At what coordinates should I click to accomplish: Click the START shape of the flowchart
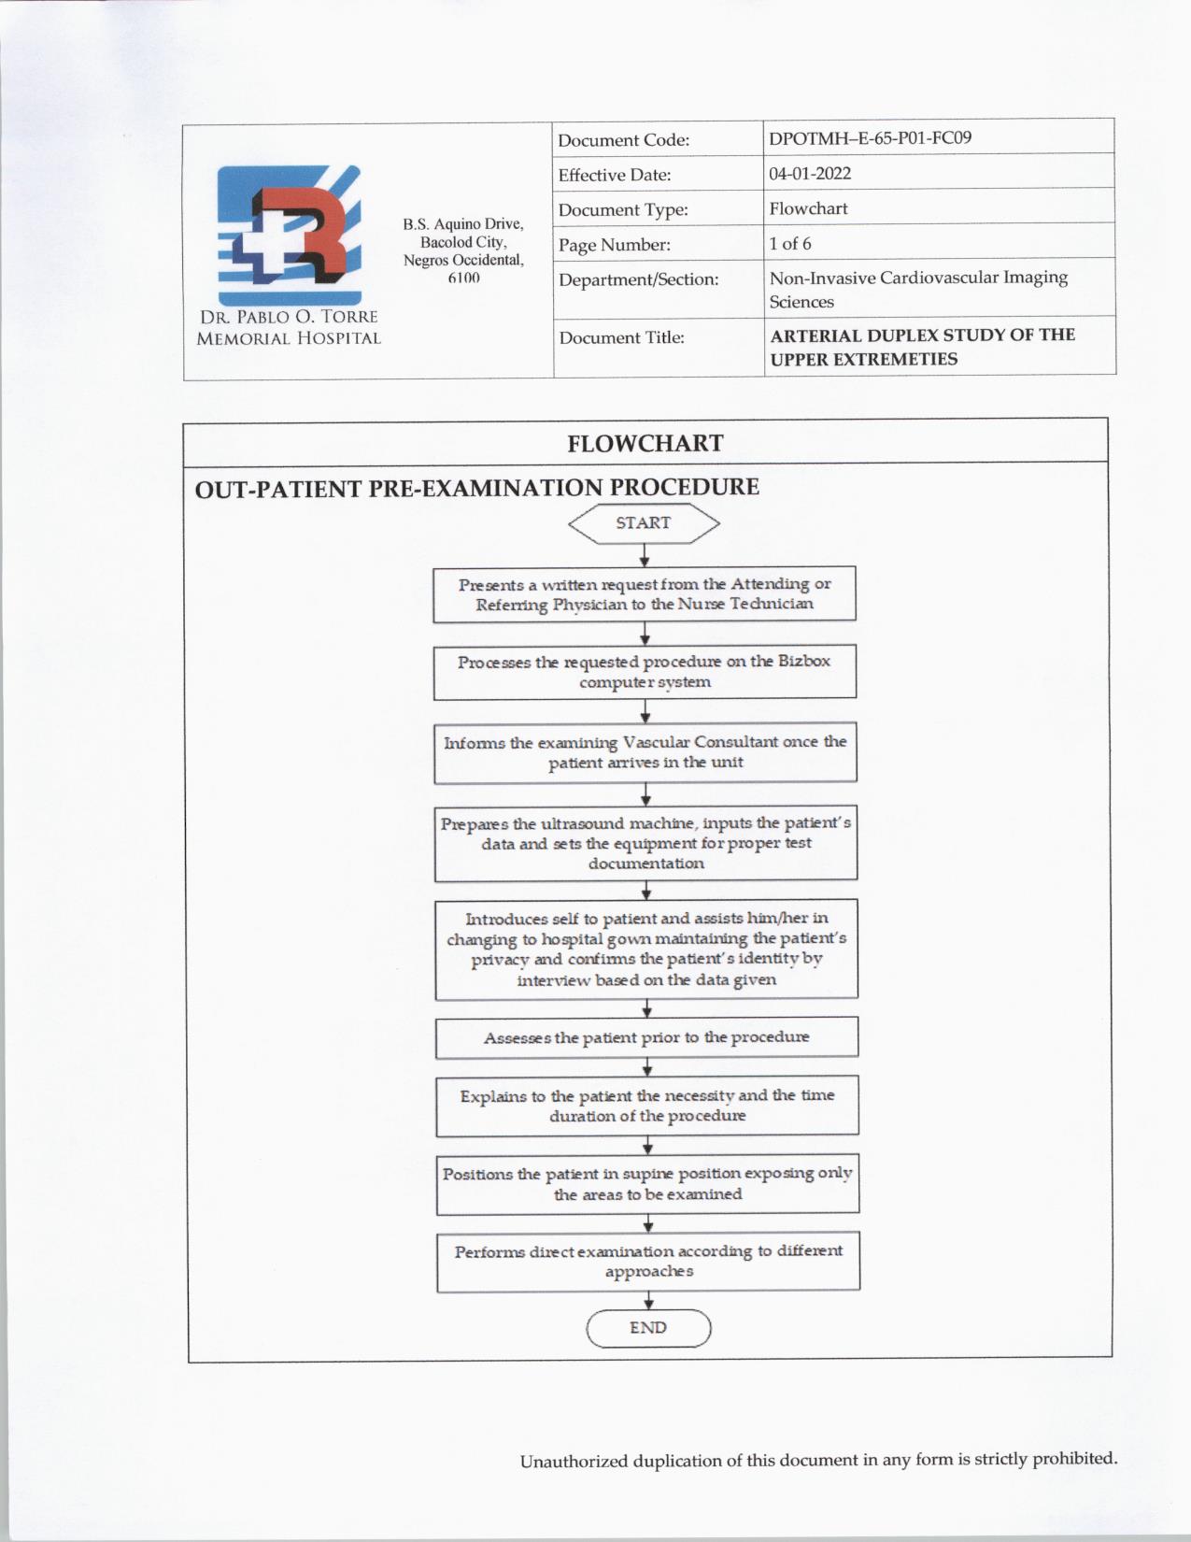click(x=644, y=523)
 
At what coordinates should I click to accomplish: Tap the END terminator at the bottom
click(x=648, y=1328)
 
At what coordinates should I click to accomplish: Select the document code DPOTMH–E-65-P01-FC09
click(x=870, y=138)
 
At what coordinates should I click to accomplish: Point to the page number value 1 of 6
click(x=790, y=244)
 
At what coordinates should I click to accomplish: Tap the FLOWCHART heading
click(x=645, y=443)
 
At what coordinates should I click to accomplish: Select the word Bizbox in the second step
click(x=804, y=661)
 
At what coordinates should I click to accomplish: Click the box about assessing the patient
click(x=646, y=1037)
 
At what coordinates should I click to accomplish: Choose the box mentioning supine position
click(x=647, y=1184)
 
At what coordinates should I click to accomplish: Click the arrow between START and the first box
click(x=645, y=555)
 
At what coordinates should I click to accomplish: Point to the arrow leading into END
click(x=648, y=1301)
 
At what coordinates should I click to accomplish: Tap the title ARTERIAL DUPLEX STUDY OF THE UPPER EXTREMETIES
click(x=922, y=347)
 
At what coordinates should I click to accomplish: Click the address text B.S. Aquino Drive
click(x=463, y=224)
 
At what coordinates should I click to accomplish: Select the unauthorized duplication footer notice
click(x=818, y=1460)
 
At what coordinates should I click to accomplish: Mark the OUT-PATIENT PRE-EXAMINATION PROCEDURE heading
click(x=476, y=488)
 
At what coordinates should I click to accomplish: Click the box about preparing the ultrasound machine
click(x=645, y=843)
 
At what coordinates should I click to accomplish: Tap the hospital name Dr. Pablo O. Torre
click(x=289, y=318)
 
